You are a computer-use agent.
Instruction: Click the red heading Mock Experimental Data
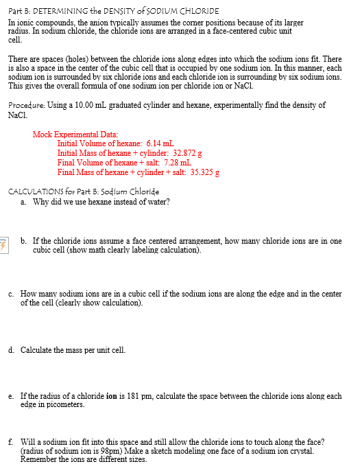[75, 133]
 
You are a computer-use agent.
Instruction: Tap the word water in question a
[158, 201]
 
